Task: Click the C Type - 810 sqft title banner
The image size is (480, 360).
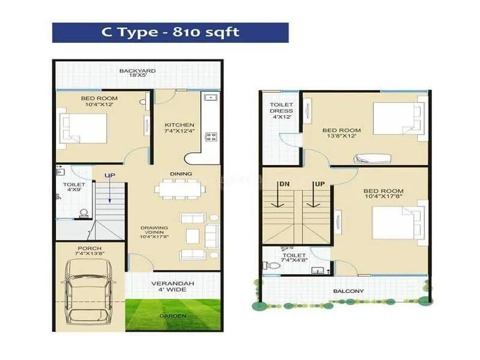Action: (x=170, y=32)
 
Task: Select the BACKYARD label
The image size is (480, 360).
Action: (x=137, y=71)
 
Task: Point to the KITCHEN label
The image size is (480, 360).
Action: (x=179, y=125)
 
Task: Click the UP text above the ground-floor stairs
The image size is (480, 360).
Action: (x=110, y=175)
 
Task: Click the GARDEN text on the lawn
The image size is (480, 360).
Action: (x=173, y=316)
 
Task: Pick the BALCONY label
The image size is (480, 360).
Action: (x=349, y=292)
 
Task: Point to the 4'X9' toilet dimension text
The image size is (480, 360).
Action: (x=73, y=192)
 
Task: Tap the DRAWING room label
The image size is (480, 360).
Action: (x=154, y=228)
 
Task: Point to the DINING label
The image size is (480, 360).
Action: (x=181, y=174)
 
